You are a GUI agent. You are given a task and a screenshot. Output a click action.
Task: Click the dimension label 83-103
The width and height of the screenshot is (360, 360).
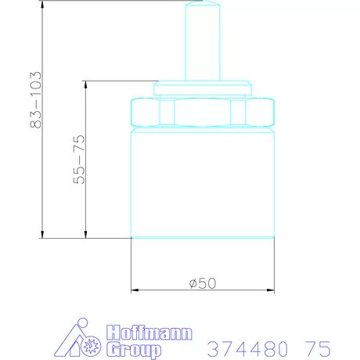click(x=36, y=100)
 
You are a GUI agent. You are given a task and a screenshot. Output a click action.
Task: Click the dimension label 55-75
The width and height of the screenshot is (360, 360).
click(x=79, y=159)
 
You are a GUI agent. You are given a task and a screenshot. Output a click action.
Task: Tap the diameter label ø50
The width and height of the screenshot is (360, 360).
click(x=203, y=283)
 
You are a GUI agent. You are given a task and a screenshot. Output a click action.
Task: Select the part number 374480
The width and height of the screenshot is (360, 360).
click(x=248, y=348)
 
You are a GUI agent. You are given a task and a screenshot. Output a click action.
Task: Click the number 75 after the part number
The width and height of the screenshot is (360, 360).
click(x=318, y=348)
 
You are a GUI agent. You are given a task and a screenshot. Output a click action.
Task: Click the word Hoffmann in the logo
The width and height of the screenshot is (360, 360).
click(x=149, y=333)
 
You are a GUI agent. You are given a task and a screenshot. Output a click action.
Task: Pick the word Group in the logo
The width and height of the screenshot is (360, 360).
click(x=134, y=350)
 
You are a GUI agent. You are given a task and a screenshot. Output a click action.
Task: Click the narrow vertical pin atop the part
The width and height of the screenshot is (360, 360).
click(x=203, y=41)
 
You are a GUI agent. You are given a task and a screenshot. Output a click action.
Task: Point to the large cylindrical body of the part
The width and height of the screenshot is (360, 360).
click(x=203, y=182)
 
